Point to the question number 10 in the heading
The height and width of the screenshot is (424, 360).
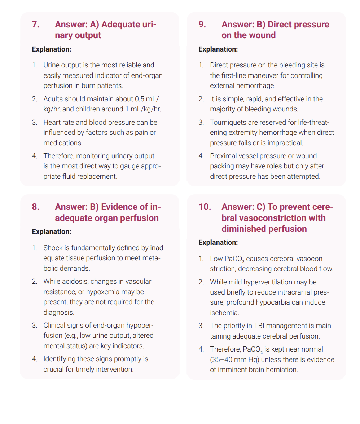(x=205, y=207)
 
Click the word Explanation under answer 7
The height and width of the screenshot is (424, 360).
(x=51, y=49)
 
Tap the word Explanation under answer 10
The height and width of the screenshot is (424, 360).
(x=218, y=242)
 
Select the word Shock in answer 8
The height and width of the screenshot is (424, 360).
(x=53, y=248)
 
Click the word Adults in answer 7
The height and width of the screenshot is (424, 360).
(x=53, y=99)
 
